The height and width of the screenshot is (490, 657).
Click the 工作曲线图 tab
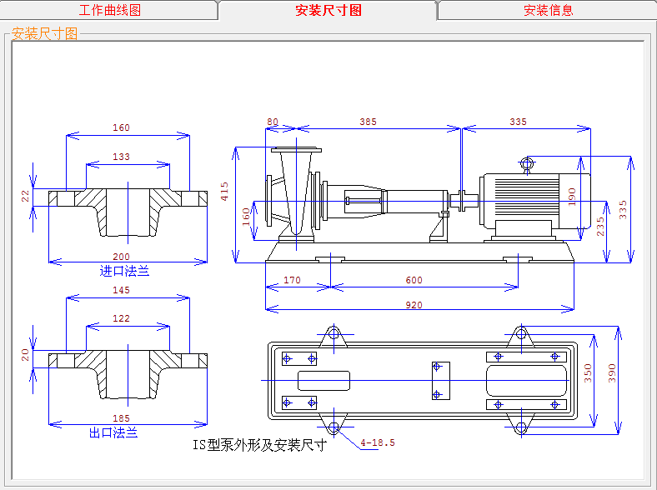(x=109, y=11)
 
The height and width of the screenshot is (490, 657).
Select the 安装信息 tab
(x=548, y=11)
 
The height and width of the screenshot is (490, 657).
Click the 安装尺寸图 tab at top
(x=328, y=11)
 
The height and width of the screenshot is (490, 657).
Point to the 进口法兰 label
(x=124, y=271)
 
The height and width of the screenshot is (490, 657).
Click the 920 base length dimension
(x=414, y=305)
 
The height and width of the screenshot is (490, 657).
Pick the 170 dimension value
(x=292, y=280)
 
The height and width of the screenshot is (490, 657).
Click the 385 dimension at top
(x=368, y=122)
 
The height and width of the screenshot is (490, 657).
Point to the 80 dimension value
(x=273, y=122)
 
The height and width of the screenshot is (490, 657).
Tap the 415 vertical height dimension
(x=224, y=192)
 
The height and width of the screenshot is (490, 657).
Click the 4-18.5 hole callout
(x=378, y=442)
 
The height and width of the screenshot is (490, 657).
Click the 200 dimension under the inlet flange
(x=122, y=257)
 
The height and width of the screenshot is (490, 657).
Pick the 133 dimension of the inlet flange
(x=121, y=157)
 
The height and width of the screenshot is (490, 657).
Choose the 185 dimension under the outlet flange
(x=121, y=417)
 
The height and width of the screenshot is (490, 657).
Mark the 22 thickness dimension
(x=25, y=196)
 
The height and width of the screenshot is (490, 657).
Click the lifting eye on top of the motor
(x=526, y=163)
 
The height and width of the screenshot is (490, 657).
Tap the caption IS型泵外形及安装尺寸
(x=258, y=444)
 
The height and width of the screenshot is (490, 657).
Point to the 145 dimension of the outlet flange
(x=121, y=290)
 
